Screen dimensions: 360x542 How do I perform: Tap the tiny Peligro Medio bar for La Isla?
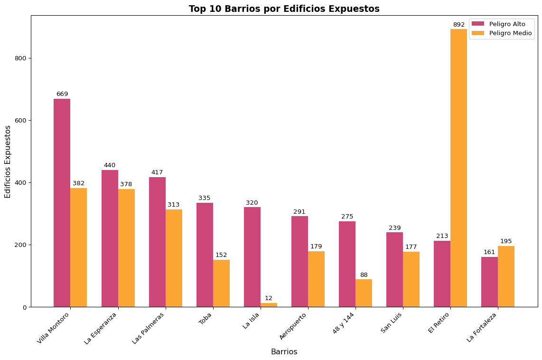pyautogui.click(x=269, y=305)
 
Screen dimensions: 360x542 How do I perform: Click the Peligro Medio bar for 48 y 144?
pyautogui.click(x=364, y=293)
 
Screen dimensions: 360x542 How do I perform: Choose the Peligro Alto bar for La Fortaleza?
pyautogui.click(x=489, y=282)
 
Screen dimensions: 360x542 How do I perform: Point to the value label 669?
pyautogui.click(x=62, y=94)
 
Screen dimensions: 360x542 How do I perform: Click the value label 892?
pyautogui.click(x=459, y=25)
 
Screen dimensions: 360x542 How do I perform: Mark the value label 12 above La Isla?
pyautogui.click(x=269, y=298)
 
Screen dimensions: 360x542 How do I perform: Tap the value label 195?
pyautogui.click(x=506, y=241)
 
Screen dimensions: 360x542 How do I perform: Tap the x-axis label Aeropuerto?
pyautogui.click(x=293, y=326)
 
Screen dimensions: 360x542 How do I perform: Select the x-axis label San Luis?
pyautogui.click(x=392, y=322)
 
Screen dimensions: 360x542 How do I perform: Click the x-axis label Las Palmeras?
pyautogui.click(x=149, y=328)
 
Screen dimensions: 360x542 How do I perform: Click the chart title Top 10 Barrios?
pyautogui.click(x=284, y=9)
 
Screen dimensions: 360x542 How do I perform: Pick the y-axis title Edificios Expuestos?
pyautogui.click(x=8, y=161)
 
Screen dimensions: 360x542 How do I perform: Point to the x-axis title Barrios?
pyautogui.click(x=284, y=352)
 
